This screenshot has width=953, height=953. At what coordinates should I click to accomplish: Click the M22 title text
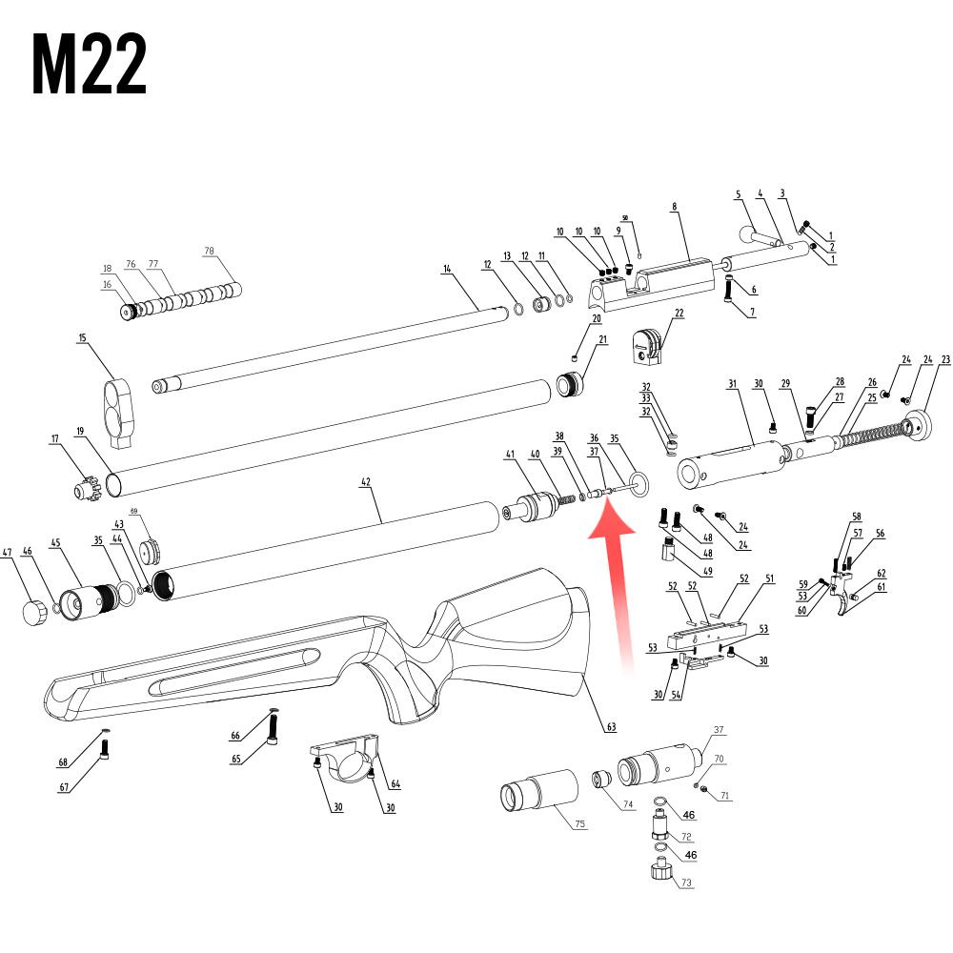[90, 65]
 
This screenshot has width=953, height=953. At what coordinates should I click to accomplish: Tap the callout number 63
[610, 727]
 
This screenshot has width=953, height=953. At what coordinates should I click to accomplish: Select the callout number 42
[365, 483]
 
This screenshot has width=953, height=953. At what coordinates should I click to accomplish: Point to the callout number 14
[446, 270]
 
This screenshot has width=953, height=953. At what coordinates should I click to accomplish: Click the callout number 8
[674, 206]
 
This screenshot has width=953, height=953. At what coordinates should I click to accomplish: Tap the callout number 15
[82, 337]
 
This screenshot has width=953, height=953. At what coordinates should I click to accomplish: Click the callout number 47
[7, 552]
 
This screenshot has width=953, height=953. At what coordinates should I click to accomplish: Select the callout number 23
[945, 359]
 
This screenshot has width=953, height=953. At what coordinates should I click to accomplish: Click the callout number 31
[733, 384]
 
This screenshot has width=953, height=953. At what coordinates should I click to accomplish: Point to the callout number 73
[686, 883]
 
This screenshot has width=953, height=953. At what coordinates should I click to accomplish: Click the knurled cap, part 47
[34, 613]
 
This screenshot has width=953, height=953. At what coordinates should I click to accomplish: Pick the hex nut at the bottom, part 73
[659, 870]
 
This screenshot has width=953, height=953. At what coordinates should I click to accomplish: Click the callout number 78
[210, 252]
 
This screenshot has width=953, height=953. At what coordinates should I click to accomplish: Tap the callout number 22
[679, 313]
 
